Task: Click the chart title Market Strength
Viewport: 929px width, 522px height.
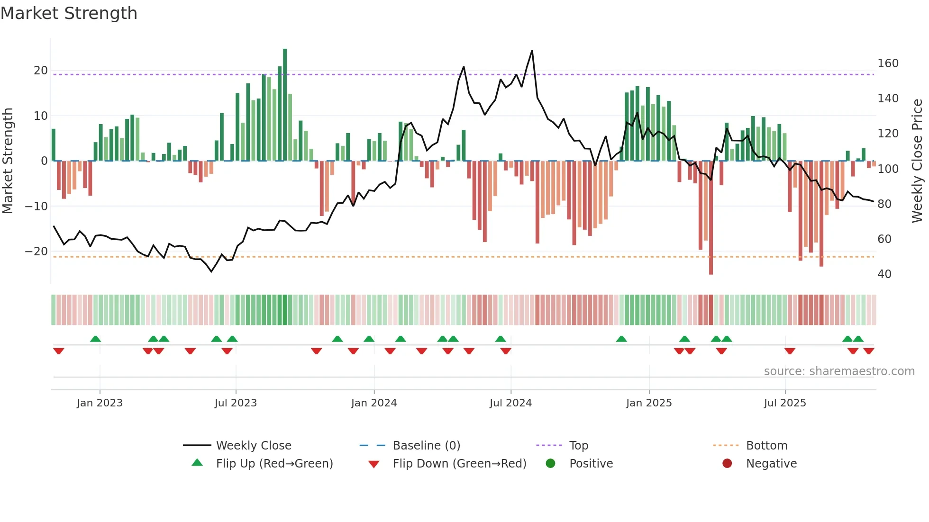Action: (69, 13)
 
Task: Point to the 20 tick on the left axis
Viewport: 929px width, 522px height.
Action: (41, 71)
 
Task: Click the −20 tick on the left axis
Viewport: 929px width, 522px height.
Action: (36, 252)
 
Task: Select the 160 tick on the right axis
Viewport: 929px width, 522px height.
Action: (888, 63)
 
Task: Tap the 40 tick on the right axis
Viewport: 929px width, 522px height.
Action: (884, 274)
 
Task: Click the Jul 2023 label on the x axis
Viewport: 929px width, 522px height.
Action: (236, 403)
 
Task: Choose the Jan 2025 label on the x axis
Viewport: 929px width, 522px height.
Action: (649, 403)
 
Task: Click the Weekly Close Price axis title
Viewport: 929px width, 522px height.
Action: (918, 161)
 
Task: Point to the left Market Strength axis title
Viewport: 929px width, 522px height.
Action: (8, 161)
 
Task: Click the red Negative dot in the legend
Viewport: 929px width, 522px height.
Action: (727, 464)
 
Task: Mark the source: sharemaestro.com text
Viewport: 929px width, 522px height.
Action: (839, 371)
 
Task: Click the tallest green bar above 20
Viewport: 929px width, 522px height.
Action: (285, 104)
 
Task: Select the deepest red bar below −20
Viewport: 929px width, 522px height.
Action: (711, 218)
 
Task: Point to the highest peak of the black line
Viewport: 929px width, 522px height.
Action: (532, 51)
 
